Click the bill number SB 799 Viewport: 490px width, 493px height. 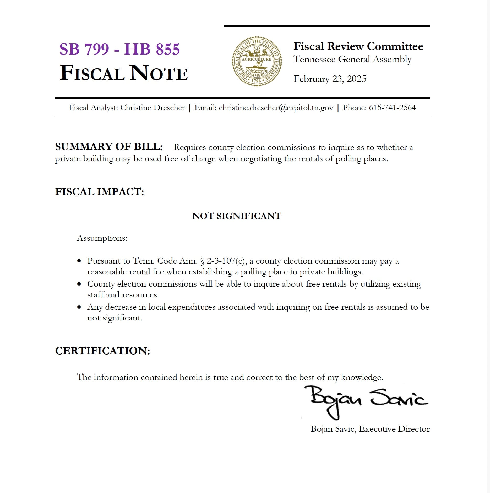coord(84,49)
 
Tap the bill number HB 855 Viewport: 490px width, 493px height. coord(152,49)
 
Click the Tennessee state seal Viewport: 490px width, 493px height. coord(257,61)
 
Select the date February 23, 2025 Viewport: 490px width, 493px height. coord(330,79)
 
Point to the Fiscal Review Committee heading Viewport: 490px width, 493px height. coord(358,46)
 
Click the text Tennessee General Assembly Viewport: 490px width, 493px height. coord(352,59)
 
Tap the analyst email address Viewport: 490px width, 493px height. coord(276,108)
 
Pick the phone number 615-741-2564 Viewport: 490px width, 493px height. coord(392,108)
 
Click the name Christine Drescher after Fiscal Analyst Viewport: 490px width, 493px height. coord(152,108)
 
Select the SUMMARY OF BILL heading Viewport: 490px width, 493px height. coord(109,147)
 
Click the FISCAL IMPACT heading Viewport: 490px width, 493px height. coord(100,192)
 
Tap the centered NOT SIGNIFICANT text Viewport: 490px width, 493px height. coord(237,216)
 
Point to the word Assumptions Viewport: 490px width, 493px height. coord(102,238)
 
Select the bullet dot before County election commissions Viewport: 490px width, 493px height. coord(79,284)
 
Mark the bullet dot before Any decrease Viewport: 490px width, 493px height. coord(79,307)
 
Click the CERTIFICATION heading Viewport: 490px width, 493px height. coord(102,351)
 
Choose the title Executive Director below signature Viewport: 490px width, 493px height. coord(394,429)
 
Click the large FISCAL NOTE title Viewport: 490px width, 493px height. coord(123,73)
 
